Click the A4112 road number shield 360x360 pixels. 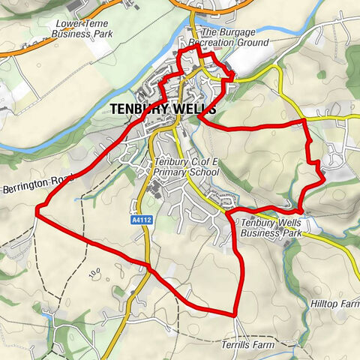[140, 220]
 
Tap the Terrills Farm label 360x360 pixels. [248, 345]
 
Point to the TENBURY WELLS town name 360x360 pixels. [163, 109]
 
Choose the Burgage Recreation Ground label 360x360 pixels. [234, 38]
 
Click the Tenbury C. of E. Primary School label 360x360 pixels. [184, 168]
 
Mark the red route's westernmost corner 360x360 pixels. [36, 212]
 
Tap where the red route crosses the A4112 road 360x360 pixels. [148, 266]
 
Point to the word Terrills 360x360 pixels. [237, 345]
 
